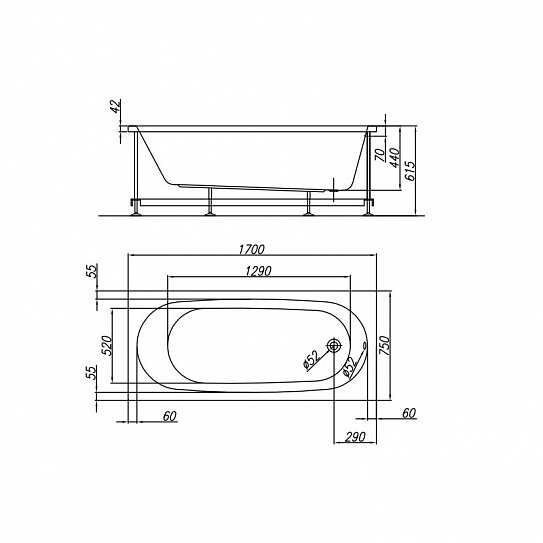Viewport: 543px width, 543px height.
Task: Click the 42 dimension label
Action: [115, 106]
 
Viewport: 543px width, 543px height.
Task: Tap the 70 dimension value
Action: [380, 155]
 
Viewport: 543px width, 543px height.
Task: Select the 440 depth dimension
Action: [395, 158]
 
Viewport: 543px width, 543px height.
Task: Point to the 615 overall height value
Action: [410, 171]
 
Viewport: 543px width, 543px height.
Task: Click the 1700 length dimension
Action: [252, 249]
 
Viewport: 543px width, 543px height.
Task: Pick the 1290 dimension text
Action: [258, 271]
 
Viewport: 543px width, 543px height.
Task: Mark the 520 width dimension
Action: [107, 346]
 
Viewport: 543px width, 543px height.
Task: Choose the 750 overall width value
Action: [385, 345]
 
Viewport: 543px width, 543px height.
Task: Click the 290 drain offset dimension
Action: [355, 437]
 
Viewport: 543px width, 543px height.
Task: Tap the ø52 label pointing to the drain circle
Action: [311, 360]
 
